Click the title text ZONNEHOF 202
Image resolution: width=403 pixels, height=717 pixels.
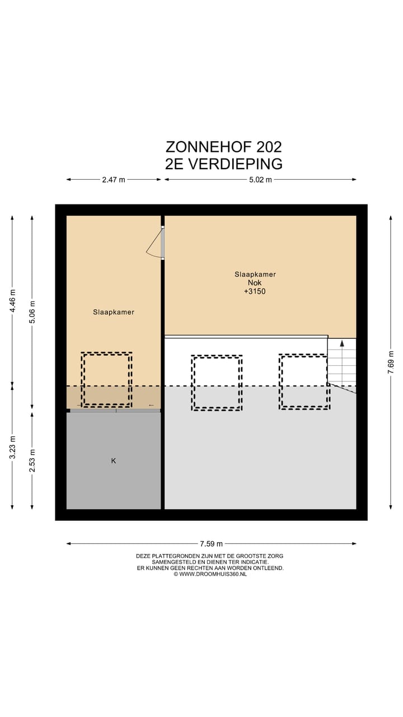point(223,147)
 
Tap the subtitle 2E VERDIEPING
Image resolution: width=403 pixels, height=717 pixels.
point(223,164)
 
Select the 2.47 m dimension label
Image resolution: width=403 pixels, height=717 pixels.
point(114,180)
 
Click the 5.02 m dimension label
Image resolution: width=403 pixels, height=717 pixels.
point(260,180)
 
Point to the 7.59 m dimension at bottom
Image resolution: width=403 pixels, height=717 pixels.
point(212,543)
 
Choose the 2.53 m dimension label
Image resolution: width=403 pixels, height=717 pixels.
point(32,460)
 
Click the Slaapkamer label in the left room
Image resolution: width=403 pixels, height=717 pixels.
point(114,312)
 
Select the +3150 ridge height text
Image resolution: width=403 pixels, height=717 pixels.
point(255,291)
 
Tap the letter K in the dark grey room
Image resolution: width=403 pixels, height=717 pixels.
point(114,461)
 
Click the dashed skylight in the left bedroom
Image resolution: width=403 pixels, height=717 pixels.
point(107,380)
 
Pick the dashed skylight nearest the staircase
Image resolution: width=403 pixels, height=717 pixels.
point(304,381)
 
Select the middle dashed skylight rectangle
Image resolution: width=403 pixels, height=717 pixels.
point(217,383)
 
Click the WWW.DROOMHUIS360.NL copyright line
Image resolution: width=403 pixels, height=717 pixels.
point(210,574)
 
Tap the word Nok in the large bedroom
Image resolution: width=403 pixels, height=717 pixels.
point(255,283)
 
